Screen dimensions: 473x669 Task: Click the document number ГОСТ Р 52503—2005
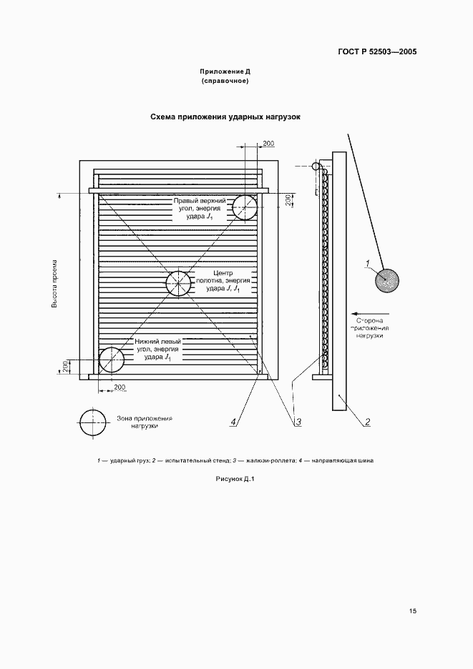(377, 52)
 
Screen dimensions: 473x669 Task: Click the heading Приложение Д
(225, 71)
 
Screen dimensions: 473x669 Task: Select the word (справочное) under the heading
(225, 81)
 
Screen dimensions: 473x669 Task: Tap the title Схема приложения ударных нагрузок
(225, 117)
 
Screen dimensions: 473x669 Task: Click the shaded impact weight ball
(386, 281)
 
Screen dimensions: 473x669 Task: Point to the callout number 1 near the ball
(368, 264)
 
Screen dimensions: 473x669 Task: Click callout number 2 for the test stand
(367, 422)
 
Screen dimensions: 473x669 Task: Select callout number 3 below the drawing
(298, 422)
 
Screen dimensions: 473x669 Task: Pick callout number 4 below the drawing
(233, 422)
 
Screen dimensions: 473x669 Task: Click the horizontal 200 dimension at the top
(268, 144)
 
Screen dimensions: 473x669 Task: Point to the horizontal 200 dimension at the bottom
(120, 387)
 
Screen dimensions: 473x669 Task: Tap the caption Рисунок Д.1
(235, 479)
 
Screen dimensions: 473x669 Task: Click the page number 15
(412, 611)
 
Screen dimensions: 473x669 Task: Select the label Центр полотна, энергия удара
(222, 281)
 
